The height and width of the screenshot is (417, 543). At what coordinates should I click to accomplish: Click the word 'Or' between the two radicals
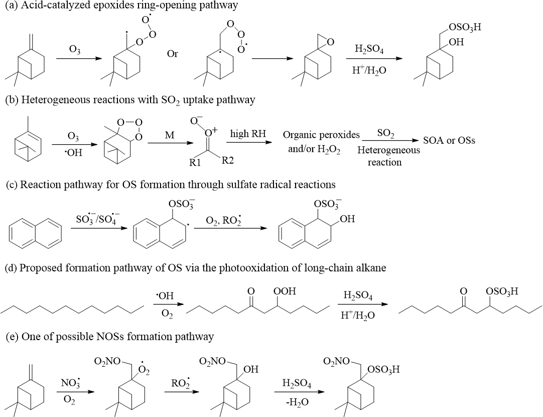pyautogui.click(x=173, y=54)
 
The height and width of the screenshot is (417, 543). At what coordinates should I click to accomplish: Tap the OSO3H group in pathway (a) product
pyautogui.click(x=465, y=28)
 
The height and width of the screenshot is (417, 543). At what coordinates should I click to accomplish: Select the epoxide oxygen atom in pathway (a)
pyautogui.click(x=330, y=42)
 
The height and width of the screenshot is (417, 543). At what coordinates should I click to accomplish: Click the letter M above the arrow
pyautogui.click(x=169, y=135)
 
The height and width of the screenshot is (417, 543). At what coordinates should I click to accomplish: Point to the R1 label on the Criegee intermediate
pyautogui.click(x=195, y=162)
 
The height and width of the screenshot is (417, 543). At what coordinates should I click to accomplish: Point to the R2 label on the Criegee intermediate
pyautogui.click(x=227, y=160)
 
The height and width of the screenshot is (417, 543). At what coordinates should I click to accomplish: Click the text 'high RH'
pyautogui.click(x=248, y=134)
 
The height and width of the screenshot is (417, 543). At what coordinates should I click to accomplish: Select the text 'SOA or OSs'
pyautogui.click(x=449, y=140)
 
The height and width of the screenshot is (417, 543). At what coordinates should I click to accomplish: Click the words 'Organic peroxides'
pyautogui.click(x=321, y=135)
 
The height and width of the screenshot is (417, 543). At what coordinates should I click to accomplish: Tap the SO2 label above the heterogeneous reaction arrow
pyautogui.click(x=386, y=134)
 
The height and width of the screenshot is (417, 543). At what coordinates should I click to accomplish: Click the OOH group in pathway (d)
pyautogui.click(x=285, y=291)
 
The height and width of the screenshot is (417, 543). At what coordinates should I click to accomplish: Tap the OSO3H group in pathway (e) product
pyautogui.click(x=383, y=370)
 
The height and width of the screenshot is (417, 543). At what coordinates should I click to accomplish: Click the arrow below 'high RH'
pyautogui.click(x=249, y=142)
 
